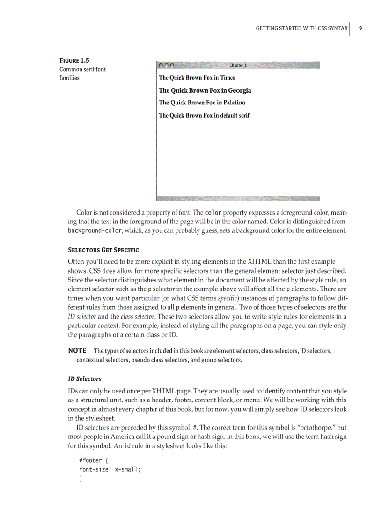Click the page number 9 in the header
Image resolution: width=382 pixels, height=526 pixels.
[x=360, y=28]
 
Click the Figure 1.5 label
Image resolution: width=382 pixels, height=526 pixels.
[x=74, y=60]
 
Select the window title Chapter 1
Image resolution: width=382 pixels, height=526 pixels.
[x=238, y=65]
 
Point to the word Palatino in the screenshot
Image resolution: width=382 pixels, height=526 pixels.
[x=231, y=103]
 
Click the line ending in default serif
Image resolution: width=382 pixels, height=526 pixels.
[x=204, y=115]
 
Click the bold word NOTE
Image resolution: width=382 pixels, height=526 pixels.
[x=77, y=350]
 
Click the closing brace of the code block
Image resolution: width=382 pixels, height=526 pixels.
[x=81, y=478]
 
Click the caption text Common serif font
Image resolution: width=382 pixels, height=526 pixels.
[x=82, y=69]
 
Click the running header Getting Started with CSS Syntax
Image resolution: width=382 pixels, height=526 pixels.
[x=301, y=28]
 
